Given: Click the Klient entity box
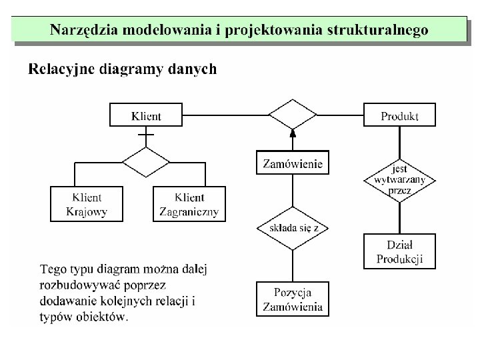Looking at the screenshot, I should click(145, 115).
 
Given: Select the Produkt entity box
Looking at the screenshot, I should click(399, 115).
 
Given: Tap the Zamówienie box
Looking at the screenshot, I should click(293, 163).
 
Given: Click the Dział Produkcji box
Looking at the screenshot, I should click(399, 251).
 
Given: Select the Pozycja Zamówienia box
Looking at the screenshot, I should click(293, 299).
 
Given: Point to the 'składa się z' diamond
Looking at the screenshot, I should click(293, 228).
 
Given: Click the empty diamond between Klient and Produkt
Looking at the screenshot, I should click(293, 115).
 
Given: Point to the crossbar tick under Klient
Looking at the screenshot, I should click(145, 135).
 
